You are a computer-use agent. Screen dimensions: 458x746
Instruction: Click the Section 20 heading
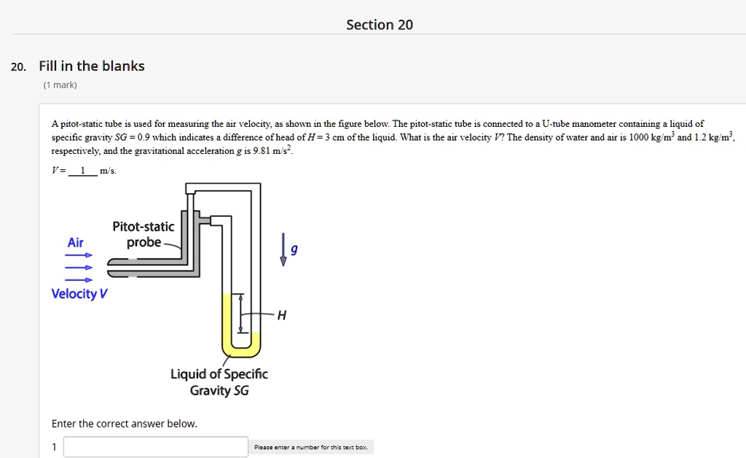click(379, 25)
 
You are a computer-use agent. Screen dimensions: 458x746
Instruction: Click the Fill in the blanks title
click(92, 66)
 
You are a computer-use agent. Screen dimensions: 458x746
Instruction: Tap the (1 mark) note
click(60, 85)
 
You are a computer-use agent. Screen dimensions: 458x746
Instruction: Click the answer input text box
click(156, 447)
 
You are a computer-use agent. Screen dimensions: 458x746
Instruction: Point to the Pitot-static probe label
click(143, 235)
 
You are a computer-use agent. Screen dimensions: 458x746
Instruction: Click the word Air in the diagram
click(76, 243)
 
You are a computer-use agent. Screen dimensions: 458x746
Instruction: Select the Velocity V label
click(79, 294)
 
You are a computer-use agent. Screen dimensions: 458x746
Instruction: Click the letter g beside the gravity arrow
click(294, 249)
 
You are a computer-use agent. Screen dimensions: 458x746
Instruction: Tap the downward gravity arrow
click(283, 250)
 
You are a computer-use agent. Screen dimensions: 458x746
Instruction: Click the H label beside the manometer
click(282, 315)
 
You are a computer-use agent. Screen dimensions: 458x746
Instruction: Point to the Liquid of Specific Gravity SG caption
click(219, 382)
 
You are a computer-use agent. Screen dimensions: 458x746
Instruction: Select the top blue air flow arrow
click(79, 255)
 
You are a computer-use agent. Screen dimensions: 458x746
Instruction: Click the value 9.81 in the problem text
click(262, 152)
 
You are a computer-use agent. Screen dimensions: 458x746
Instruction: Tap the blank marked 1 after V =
click(83, 171)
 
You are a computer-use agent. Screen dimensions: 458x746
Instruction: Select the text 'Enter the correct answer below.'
click(124, 424)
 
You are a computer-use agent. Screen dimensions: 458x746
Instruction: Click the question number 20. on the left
click(18, 67)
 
